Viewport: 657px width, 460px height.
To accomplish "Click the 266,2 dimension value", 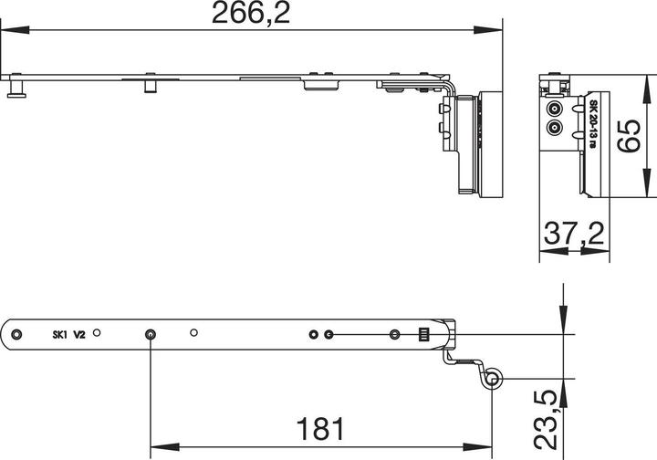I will tap(251, 14).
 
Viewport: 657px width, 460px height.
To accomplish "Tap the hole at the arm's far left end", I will tap(16, 334).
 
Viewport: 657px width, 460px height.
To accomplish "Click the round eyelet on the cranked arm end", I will tap(494, 378).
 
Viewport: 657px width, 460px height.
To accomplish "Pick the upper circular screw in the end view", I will tap(554, 109).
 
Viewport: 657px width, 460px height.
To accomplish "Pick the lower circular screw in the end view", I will tap(554, 128).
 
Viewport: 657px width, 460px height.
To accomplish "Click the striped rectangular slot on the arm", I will tap(422, 334).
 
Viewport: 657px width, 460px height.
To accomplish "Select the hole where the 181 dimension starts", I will tap(150, 335).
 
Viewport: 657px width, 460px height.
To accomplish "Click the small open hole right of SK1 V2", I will tap(99, 334).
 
